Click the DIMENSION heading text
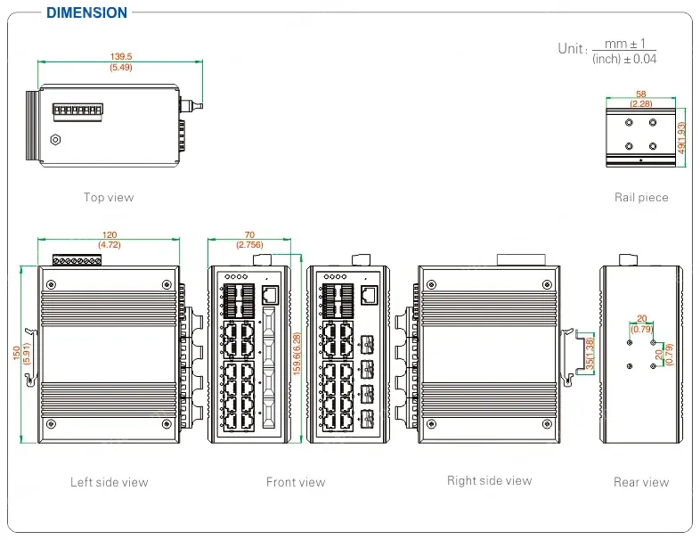[86, 12]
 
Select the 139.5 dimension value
[120, 57]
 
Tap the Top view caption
[109, 197]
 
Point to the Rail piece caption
[641, 197]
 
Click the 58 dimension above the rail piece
[641, 93]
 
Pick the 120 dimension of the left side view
[109, 235]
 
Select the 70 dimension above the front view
[249, 235]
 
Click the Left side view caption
[109, 482]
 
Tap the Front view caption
[296, 482]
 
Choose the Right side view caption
[489, 480]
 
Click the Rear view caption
[641, 482]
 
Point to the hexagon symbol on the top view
[56, 139]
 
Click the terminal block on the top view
[76, 112]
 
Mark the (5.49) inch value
[120, 68]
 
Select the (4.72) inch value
[109, 244]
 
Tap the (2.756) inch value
[249, 244]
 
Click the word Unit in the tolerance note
[572, 49]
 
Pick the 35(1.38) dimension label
[588, 354]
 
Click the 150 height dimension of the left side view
[15, 354]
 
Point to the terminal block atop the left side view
[76, 260]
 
